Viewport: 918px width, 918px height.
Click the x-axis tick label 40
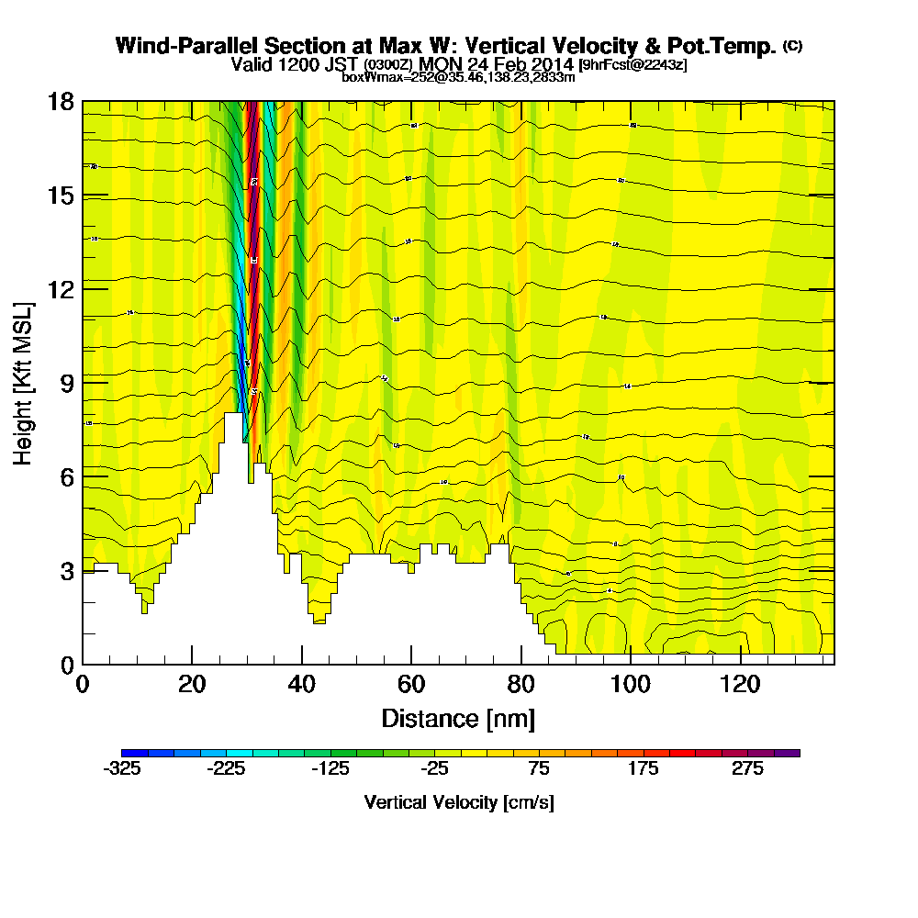301,685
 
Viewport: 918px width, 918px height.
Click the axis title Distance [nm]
458,718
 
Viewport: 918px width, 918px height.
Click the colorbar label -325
123,770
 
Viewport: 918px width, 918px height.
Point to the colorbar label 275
747,770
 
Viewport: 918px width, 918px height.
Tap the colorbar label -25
435,770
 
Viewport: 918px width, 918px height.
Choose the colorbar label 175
644,770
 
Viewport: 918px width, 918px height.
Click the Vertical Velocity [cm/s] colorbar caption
459,802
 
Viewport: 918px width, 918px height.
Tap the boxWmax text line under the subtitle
458,77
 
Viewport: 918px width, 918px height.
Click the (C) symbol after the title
792,45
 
